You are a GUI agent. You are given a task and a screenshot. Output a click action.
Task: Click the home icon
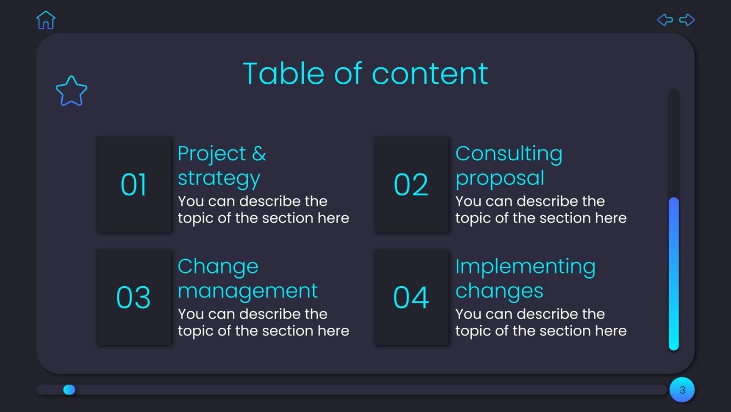point(46,20)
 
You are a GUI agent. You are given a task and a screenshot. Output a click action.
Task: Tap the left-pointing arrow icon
point(665,20)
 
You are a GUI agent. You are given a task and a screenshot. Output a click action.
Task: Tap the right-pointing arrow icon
point(687,20)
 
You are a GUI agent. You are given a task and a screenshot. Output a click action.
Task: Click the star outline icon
point(72,91)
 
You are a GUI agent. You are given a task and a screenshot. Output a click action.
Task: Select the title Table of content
point(365,74)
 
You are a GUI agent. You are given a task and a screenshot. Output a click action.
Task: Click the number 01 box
point(134,184)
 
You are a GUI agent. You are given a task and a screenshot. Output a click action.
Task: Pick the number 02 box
point(411,184)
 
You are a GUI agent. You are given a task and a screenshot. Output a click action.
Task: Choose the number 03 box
point(134,298)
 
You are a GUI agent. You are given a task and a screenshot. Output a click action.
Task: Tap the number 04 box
point(411,298)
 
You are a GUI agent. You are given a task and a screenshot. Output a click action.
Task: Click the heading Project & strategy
point(222,165)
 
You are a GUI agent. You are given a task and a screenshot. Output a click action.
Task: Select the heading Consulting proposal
point(509,165)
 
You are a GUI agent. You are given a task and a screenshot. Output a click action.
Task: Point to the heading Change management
point(247,278)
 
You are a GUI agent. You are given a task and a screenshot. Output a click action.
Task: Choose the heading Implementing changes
point(525,278)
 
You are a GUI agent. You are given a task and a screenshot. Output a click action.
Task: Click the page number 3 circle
point(682,390)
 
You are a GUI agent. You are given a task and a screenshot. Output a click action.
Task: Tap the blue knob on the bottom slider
point(69,390)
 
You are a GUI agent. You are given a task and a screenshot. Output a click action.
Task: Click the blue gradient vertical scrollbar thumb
point(674,274)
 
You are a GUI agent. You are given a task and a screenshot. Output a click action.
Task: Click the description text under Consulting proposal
point(541,210)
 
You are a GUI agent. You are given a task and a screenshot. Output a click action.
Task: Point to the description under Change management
point(263,322)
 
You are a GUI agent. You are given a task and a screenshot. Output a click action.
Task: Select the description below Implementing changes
point(541,322)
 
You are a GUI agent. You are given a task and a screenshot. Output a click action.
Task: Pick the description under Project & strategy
point(263,210)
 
